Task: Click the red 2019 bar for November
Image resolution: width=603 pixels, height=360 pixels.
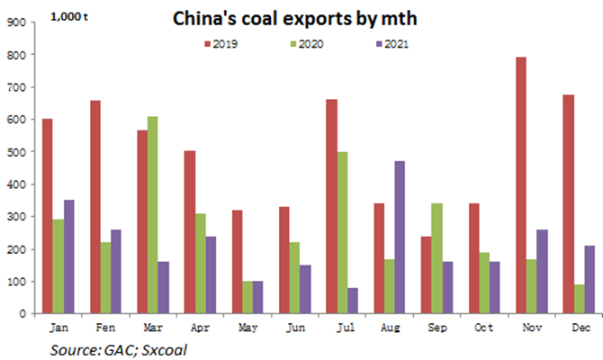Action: tap(521, 185)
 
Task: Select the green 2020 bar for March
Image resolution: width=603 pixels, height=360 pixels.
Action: tap(153, 215)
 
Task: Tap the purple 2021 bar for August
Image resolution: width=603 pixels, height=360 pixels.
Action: tap(400, 238)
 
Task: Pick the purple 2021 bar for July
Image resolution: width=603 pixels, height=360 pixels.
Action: tap(353, 301)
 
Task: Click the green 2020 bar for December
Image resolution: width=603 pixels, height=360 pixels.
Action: tap(580, 299)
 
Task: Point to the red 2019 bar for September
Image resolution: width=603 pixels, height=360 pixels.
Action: tap(426, 275)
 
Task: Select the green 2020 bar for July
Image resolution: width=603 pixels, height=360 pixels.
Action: tap(342, 233)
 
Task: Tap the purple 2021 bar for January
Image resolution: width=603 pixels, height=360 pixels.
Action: tap(68, 256)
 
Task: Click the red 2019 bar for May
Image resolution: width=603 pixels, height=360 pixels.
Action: tap(238, 262)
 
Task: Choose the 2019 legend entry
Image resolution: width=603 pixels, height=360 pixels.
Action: tap(221, 44)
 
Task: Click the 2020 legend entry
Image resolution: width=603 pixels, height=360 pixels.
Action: tap(307, 44)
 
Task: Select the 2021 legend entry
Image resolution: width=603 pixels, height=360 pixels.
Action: tap(392, 44)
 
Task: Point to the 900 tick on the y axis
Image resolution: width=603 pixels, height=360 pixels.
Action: tap(16, 22)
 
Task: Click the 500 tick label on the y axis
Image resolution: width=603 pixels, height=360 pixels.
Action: tap(16, 152)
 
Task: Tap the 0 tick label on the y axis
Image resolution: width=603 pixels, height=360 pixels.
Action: tap(22, 314)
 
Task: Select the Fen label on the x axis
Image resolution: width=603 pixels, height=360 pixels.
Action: tap(105, 328)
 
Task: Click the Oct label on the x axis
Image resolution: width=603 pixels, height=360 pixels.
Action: tap(484, 328)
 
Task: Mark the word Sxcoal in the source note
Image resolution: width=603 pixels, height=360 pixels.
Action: tap(164, 350)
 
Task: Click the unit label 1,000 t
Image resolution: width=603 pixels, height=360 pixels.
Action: tap(69, 17)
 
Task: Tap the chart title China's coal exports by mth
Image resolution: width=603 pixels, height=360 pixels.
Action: tap(295, 19)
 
